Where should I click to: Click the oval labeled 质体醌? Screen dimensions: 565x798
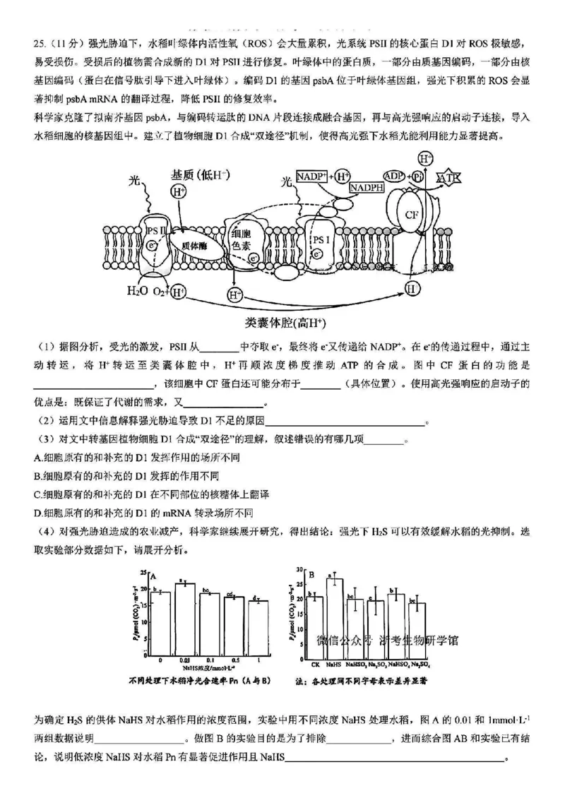[x=193, y=245]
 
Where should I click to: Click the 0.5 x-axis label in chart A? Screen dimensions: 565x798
[x=234, y=660]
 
